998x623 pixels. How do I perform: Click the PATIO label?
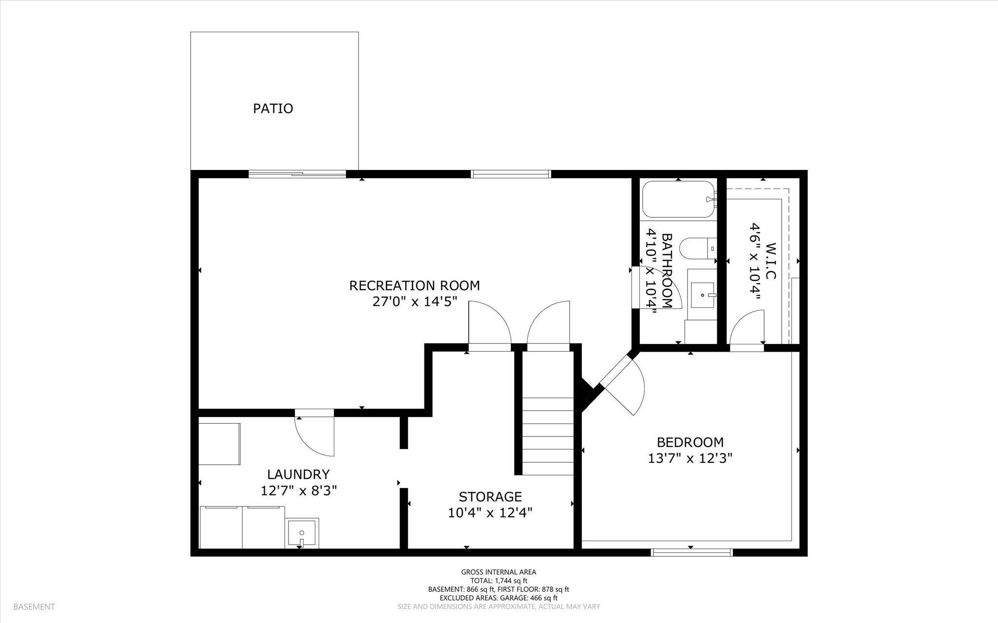click(273, 108)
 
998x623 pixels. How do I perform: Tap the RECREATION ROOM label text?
click(414, 285)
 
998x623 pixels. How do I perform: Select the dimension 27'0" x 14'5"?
click(414, 302)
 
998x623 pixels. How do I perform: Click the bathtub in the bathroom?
click(679, 199)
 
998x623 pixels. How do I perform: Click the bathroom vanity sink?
click(702, 295)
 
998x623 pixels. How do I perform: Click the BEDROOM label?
click(690, 442)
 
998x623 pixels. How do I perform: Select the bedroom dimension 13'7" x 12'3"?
click(690, 458)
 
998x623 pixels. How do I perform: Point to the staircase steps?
click(548, 436)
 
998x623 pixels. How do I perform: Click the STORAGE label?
click(490, 497)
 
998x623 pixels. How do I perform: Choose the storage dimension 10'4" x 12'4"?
click(490, 513)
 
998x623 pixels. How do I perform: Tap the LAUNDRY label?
click(298, 474)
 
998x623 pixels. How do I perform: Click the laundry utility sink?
click(302, 533)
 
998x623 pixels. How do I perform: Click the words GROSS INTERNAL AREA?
click(499, 572)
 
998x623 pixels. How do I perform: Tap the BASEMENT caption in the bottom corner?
click(34, 607)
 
